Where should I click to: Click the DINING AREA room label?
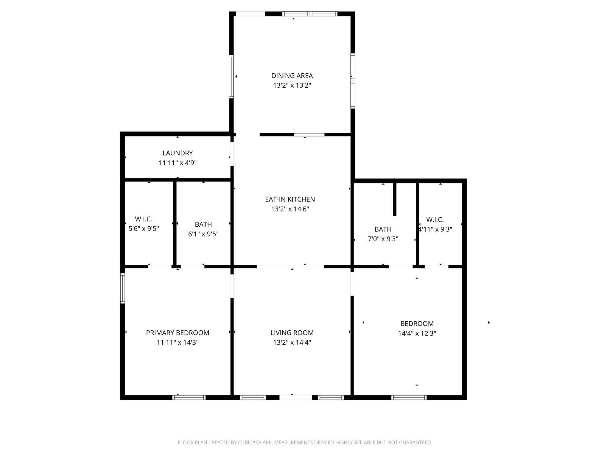click(x=292, y=76)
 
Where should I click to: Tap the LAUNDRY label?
click(x=178, y=153)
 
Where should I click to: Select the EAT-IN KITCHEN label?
click(x=290, y=199)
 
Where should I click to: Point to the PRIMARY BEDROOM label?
click(x=178, y=332)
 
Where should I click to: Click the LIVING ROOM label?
click(x=292, y=332)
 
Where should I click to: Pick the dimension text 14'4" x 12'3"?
click(x=417, y=333)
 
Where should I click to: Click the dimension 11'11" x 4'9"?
click(x=178, y=163)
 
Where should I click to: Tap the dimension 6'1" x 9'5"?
click(x=203, y=234)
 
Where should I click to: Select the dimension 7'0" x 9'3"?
click(x=383, y=239)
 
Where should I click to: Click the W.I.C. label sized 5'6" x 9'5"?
click(x=144, y=219)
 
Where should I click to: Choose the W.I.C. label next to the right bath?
click(x=435, y=220)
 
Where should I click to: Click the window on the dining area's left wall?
click(x=231, y=76)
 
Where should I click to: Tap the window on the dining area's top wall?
click(x=310, y=14)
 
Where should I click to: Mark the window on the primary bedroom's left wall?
click(x=122, y=288)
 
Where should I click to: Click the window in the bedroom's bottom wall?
click(x=409, y=397)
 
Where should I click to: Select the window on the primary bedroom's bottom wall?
click(x=189, y=397)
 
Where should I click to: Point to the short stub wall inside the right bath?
click(x=395, y=198)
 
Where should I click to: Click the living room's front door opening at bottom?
click(x=295, y=397)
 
